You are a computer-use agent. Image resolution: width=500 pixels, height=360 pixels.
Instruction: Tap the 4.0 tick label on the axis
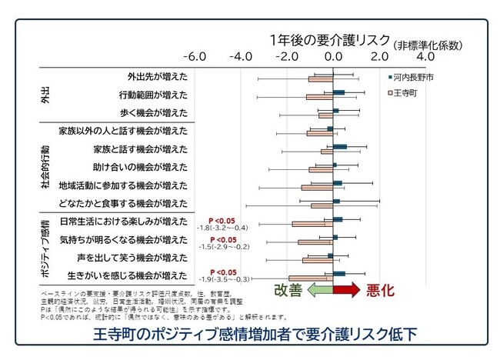[x=425, y=58]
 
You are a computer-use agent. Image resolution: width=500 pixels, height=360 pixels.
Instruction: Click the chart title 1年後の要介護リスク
[x=329, y=41]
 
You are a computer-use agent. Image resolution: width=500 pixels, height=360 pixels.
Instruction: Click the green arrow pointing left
[x=318, y=290]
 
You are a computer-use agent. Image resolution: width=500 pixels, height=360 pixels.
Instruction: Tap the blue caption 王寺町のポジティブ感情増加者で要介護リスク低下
[x=249, y=335]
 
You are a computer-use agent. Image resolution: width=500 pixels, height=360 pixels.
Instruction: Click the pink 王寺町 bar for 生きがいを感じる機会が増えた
[x=311, y=278]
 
